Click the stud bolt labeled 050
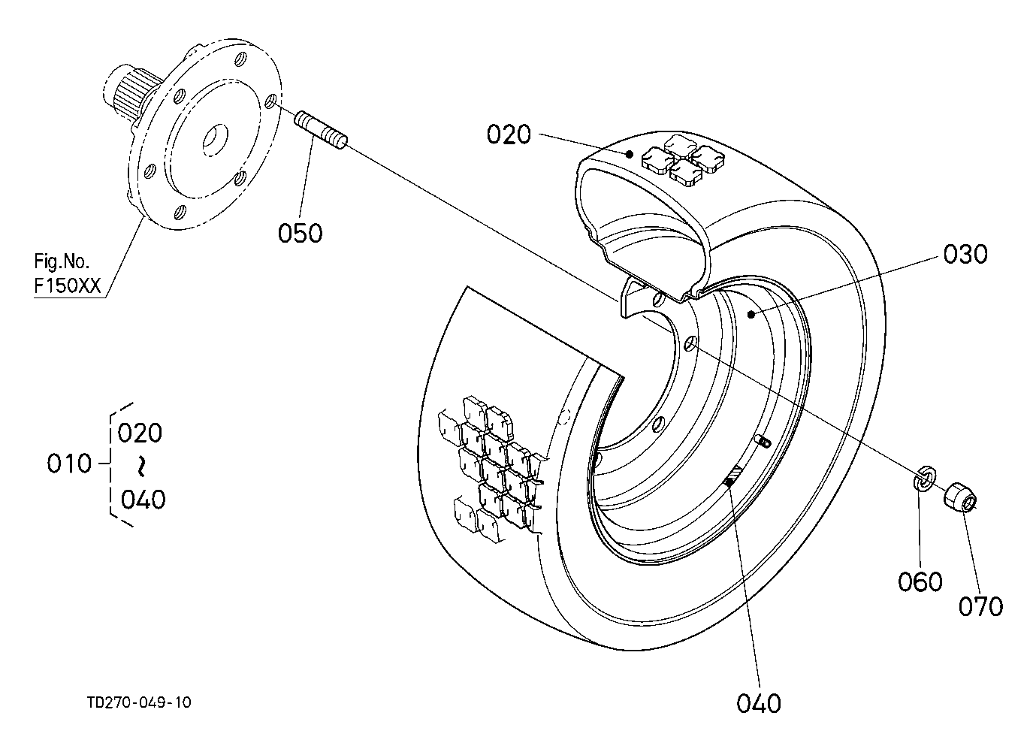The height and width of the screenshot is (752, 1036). tap(321, 131)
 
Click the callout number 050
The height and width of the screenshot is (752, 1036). tap(301, 233)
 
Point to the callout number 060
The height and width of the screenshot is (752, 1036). tap(920, 581)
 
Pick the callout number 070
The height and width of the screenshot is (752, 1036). tap(980, 606)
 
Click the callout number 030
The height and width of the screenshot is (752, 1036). tap(965, 254)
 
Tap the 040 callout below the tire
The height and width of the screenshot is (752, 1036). tap(759, 703)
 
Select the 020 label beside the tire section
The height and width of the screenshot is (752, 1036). tap(509, 134)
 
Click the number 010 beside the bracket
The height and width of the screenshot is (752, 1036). tap(69, 464)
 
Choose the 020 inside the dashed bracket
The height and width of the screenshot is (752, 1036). tap(140, 433)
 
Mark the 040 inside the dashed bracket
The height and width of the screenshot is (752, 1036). tap(143, 500)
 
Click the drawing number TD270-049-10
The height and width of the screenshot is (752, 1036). tap(139, 702)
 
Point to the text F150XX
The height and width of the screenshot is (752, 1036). tap(68, 286)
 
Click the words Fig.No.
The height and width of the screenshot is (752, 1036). tap(62, 261)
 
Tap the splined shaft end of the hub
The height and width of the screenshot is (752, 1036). tap(125, 94)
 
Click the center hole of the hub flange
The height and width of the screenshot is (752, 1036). tap(215, 139)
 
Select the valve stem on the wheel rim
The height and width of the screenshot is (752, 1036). tap(763, 441)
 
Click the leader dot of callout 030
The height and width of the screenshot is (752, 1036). tap(751, 315)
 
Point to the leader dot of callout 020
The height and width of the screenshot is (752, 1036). tap(630, 154)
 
